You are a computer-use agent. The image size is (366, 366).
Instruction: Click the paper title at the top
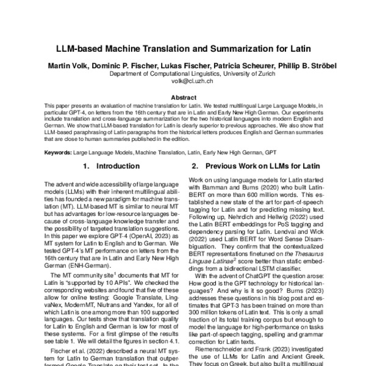[183, 47]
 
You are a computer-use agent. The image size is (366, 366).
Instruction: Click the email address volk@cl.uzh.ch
[183, 80]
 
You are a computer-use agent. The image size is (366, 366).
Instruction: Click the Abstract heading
[183, 98]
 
